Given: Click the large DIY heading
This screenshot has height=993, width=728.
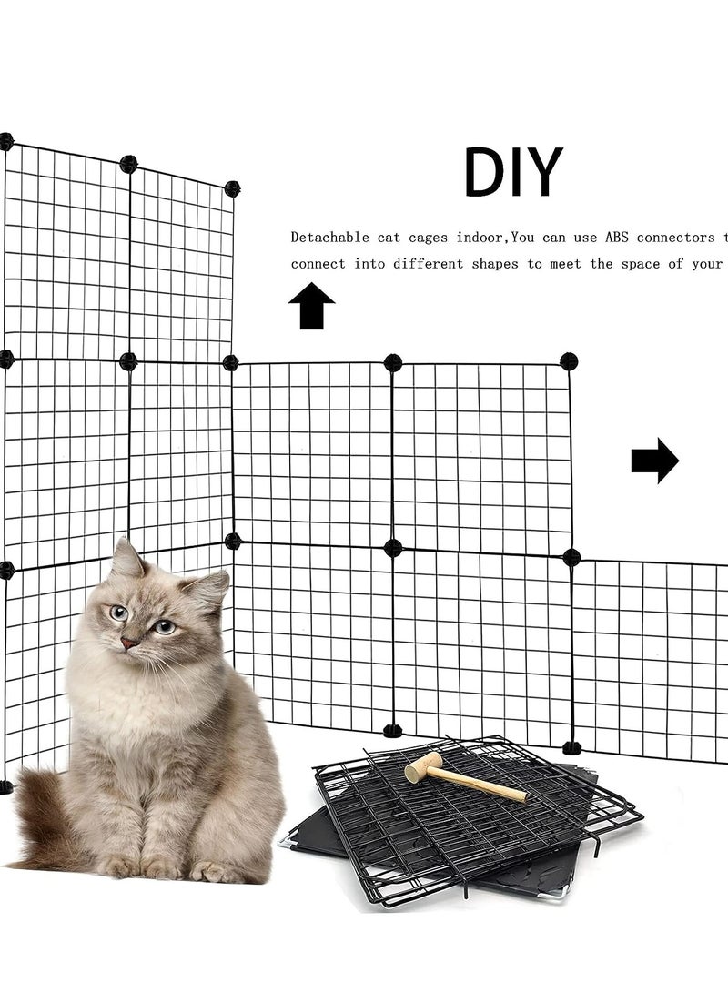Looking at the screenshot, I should pyautogui.click(x=512, y=172).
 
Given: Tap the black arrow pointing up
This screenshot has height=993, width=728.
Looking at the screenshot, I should pyautogui.click(x=311, y=307).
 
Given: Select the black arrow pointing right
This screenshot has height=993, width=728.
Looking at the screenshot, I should pyautogui.click(x=654, y=461).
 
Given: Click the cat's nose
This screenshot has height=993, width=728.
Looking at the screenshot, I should pyautogui.click(x=131, y=643).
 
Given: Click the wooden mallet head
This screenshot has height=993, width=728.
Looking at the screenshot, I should pyautogui.click(x=423, y=767).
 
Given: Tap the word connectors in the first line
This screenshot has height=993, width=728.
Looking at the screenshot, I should pyautogui.click(x=675, y=238).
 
